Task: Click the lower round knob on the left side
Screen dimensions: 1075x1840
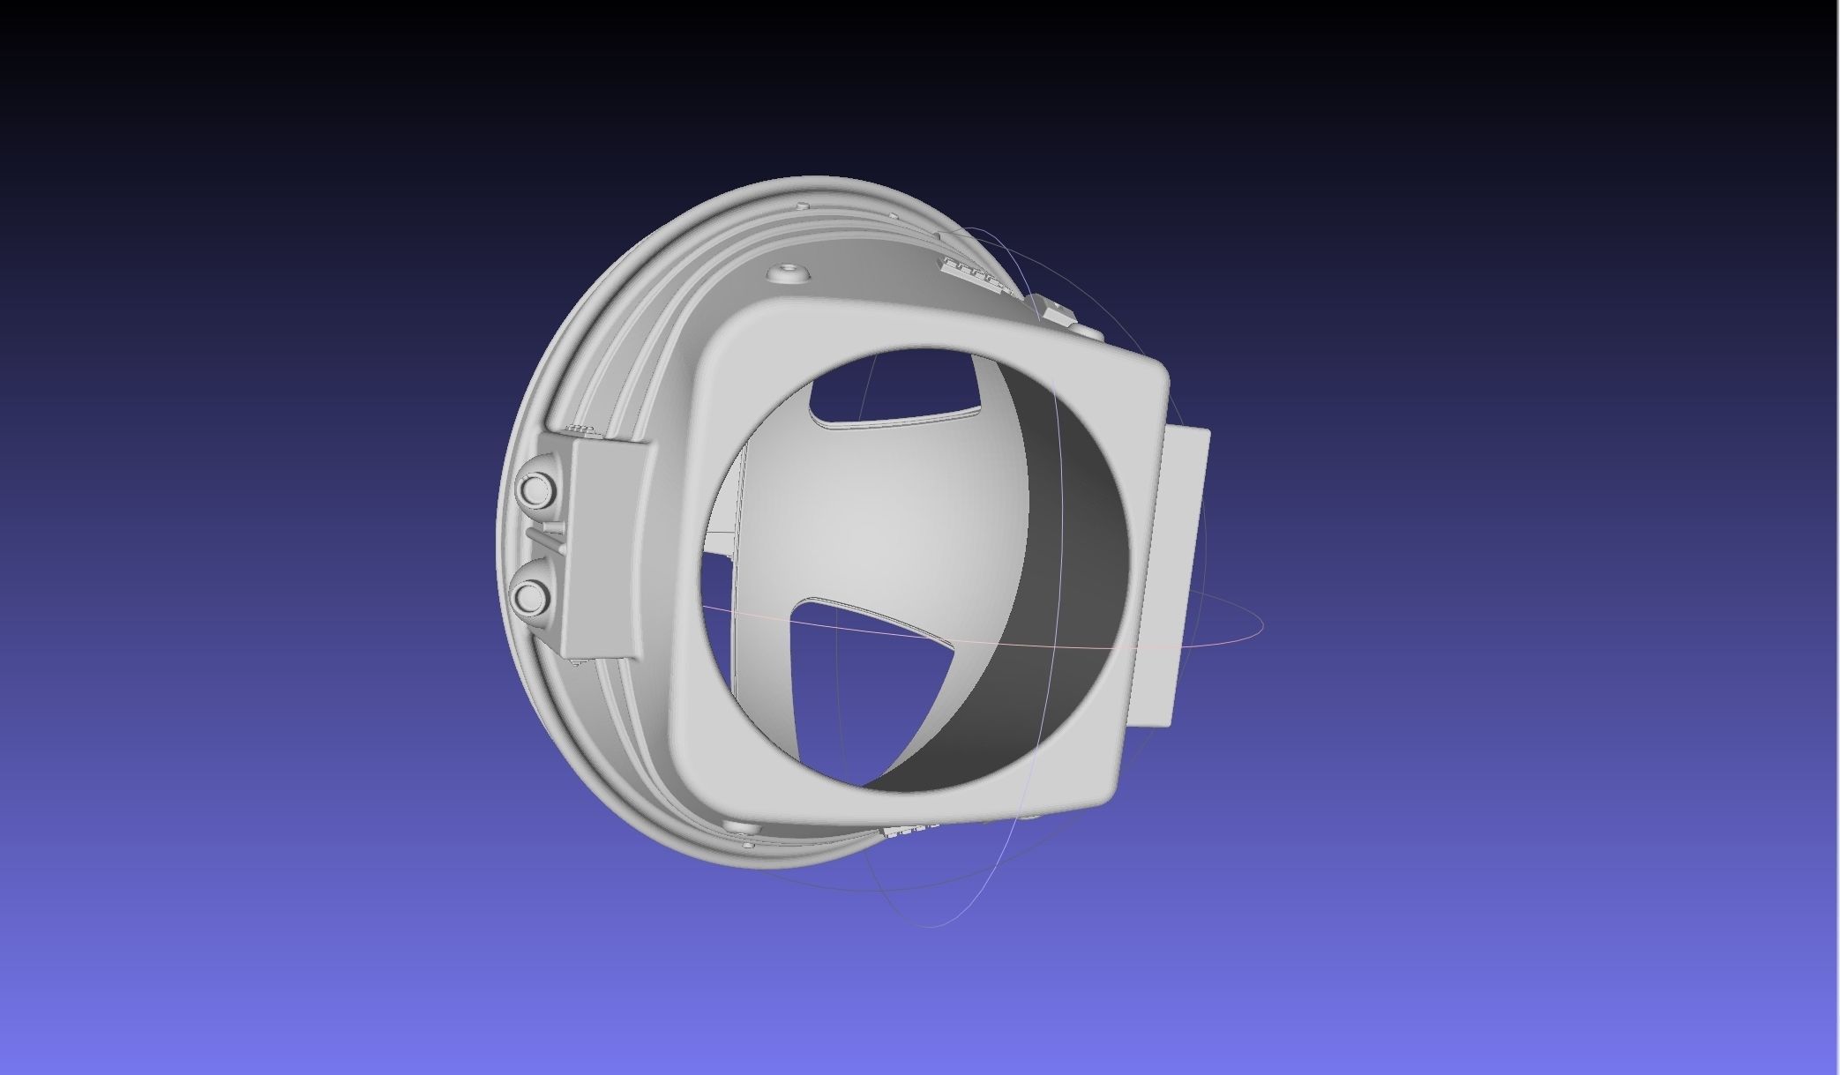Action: point(532,596)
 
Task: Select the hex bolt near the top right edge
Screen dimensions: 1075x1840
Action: point(1051,311)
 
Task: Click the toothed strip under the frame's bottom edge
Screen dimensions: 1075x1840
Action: point(909,830)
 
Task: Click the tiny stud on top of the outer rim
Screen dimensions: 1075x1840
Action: point(802,205)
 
